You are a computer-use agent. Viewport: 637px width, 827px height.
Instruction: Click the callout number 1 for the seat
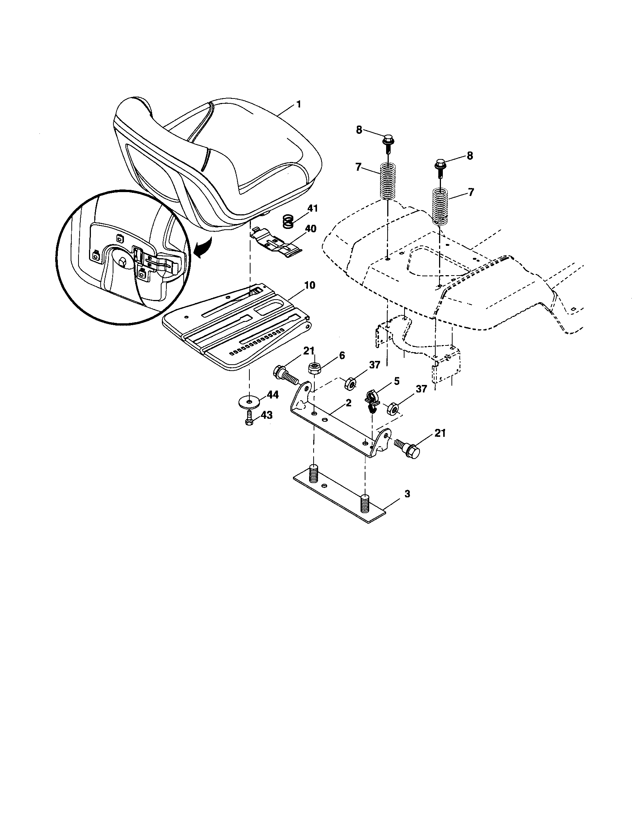pos(299,104)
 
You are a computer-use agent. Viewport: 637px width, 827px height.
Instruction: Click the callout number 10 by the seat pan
pos(309,285)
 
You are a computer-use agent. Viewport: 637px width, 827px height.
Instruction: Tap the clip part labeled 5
pos(372,401)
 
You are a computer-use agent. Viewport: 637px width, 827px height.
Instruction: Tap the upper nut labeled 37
pos(350,385)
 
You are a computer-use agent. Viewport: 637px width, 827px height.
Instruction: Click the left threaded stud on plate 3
pos(314,473)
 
